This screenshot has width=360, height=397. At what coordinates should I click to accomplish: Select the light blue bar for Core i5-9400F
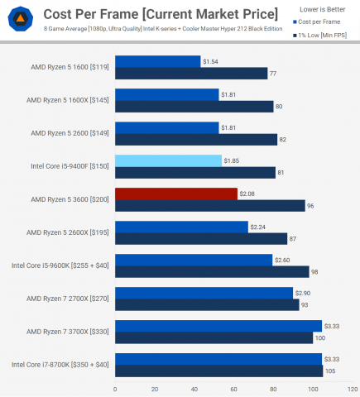click(168, 160)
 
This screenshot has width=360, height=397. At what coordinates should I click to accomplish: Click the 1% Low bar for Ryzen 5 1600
click(191, 74)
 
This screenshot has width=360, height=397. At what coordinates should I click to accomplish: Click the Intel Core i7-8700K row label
click(60, 365)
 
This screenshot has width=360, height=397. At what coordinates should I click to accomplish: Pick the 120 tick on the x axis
click(353, 388)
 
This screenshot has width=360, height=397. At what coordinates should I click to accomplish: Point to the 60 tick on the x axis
click(234, 388)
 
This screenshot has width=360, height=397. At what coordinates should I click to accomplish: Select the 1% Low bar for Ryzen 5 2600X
click(201, 239)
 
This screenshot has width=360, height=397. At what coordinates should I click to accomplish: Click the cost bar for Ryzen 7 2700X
click(204, 293)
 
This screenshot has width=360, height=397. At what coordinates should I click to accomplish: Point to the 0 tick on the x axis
click(115, 388)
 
